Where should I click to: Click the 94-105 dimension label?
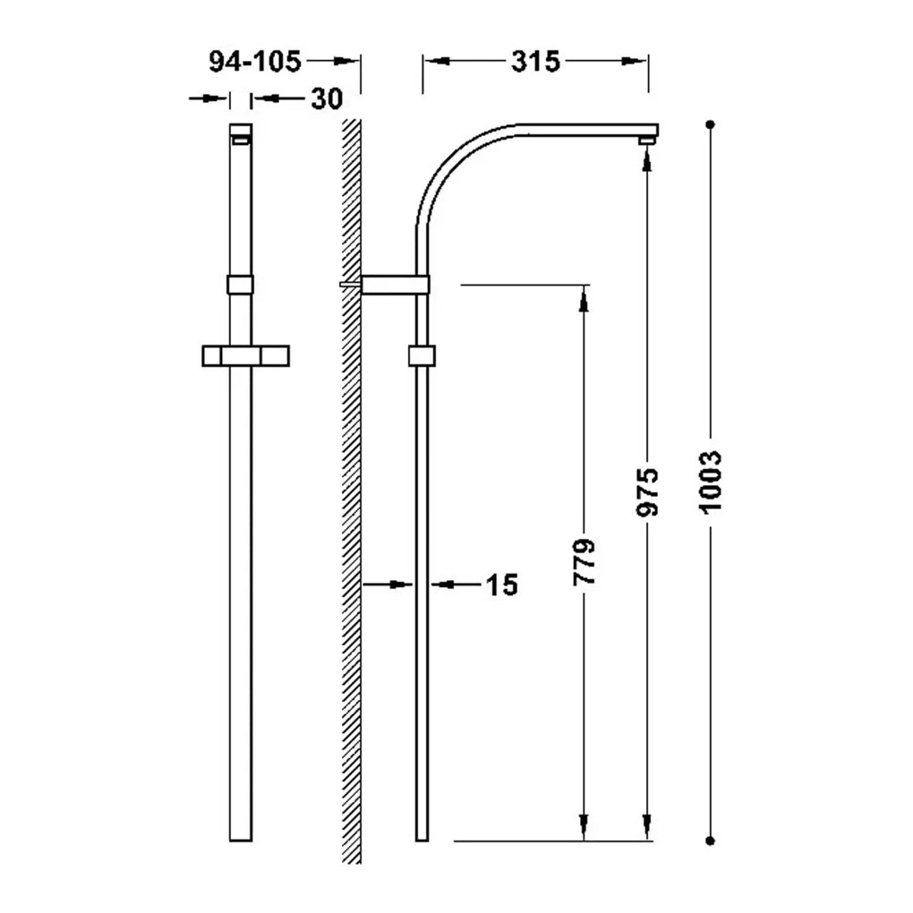pyautogui.click(x=255, y=62)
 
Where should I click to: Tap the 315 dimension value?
pyautogui.click(x=535, y=62)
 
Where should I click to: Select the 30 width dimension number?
pyautogui.click(x=328, y=99)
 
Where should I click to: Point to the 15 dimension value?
pyautogui.click(x=502, y=584)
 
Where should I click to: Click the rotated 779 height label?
pyautogui.click(x=584, y=562)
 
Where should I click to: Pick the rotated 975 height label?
pyautogui.click(x=647, y=492)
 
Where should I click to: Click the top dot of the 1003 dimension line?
pyautogui.click(x=710, y=124)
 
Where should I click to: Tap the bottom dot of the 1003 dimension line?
pyautogui.click(x=710, y=840)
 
